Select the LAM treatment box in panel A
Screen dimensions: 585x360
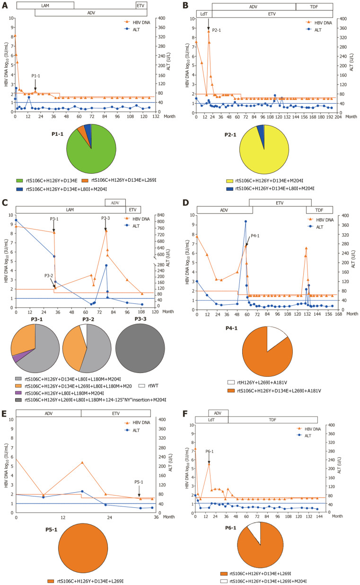coord(45,5)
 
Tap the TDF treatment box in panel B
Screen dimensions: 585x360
coord(314,7)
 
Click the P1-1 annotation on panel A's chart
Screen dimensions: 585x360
coord(36,75)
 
